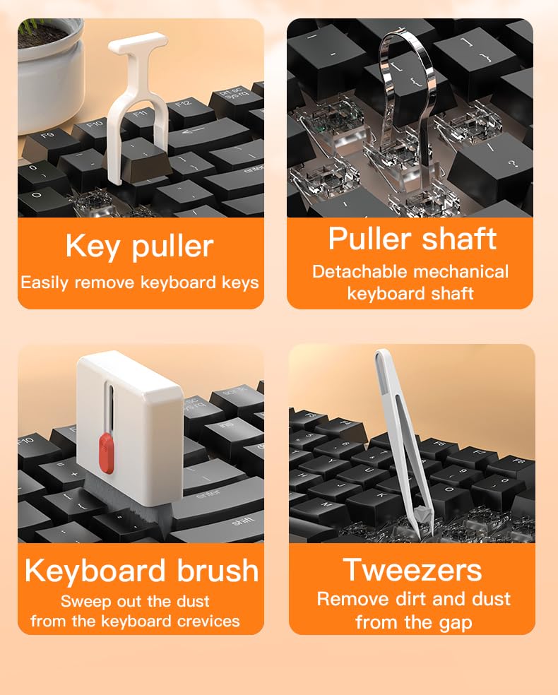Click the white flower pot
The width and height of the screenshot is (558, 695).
coord(49,76)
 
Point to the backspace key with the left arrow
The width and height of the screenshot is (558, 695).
coord(208,134)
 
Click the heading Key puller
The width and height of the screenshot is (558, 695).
coord(140,246)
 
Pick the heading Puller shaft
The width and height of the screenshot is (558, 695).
coord(412,239)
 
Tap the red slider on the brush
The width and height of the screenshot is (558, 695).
coord(107,453)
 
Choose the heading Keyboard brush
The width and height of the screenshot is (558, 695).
coord(141,570)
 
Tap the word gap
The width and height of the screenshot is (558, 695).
coord(455,623)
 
